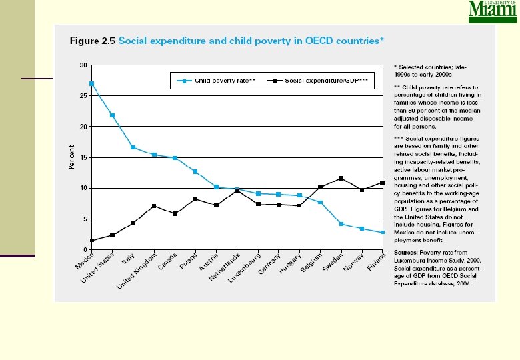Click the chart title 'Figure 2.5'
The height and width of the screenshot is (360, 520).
(x=93, y=41)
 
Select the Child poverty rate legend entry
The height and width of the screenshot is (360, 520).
(x=213, y=81)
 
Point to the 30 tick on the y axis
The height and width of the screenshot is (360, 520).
(x=83, y=65)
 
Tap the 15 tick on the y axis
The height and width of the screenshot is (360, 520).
(x=83, y=157)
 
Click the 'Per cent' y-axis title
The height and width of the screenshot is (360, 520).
(x=71, y=157)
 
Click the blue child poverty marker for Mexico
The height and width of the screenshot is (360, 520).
(x=91, y=83)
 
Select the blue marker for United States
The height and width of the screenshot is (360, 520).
(x=112, y=115)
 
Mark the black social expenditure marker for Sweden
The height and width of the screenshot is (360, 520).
(x=341, y=178)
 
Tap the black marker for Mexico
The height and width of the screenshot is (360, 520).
(x=91, y=241)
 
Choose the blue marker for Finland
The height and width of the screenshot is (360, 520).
(x=383, y=233)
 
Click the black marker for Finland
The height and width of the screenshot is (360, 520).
(x=383, y=183)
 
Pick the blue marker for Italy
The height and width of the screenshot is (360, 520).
(x=133, y=147)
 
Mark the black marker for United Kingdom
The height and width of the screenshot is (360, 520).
(x=154, y=206)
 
